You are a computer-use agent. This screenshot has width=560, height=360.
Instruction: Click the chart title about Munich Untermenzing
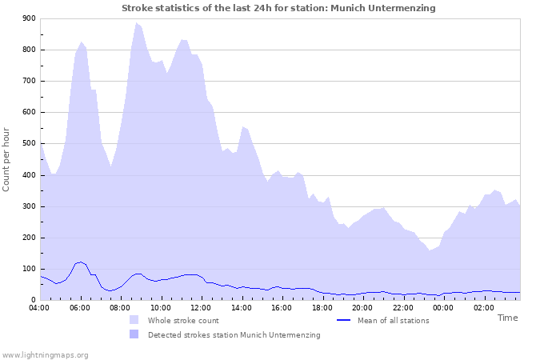[x=278, y=8]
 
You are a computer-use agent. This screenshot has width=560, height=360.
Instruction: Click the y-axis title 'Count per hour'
[x=7, y=159]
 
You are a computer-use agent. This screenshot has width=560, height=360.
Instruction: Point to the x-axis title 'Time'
[x=507, y=318]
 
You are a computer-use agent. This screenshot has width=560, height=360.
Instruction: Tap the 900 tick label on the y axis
[x=29, y=18]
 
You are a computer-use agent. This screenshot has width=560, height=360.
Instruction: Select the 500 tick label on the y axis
[x=29, y=144]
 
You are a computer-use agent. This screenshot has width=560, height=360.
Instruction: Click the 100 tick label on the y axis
[x=29, y=269]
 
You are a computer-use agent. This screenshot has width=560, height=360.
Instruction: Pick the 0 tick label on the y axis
[x=33, y=300]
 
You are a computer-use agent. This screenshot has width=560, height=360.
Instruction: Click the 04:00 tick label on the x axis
[x=39, y=307]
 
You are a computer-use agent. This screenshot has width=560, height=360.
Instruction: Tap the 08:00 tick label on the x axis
[x=120, y=307]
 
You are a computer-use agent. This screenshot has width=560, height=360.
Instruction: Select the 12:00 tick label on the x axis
[x=201, y=307]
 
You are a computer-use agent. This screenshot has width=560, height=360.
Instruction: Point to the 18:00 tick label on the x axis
[x=322, y=307]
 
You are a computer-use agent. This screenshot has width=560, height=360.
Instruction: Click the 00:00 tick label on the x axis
[x=442, y=307]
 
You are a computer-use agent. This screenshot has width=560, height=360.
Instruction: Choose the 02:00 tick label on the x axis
[x=482, y=307]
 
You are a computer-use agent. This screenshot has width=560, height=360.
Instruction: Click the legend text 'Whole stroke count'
[x=183, y=321]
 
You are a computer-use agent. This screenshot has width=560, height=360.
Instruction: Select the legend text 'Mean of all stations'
[x=393, y=321]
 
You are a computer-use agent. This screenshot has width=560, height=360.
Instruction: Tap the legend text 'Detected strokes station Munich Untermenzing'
[x=234, y=335]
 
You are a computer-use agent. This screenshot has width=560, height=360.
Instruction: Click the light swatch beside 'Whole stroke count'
[x=134, y=321]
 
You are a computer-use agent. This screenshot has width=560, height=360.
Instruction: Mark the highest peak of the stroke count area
[x=136, y=23]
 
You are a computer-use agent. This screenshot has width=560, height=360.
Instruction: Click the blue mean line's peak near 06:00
[x=80, y=262]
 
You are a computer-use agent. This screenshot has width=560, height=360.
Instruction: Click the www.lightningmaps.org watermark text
[x=45, y=355]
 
